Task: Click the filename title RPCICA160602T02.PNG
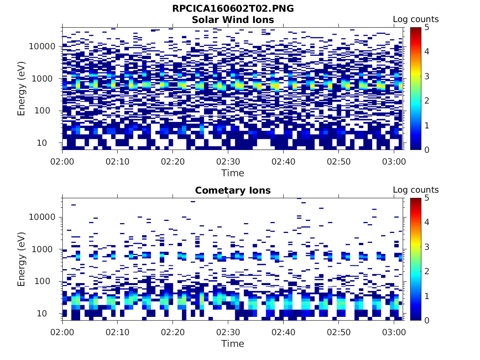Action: click(233, 8)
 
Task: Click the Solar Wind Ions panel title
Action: click(233, 20)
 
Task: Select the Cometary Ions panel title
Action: click(233, 190)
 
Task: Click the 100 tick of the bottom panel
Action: click(47, 281)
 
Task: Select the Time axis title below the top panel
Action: click(233, 173)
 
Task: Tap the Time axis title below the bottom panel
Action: click(233, 344)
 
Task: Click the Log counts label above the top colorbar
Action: click(415, 19)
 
